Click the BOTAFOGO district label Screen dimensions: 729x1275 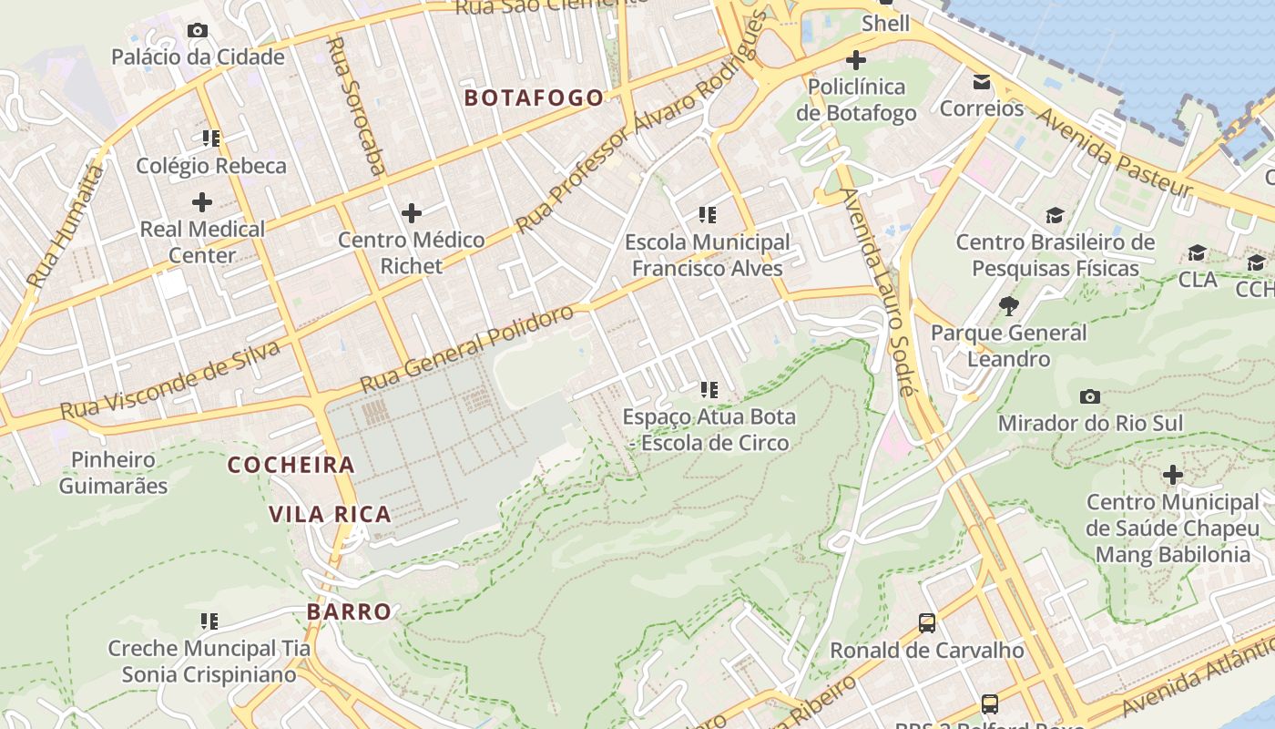(x=534, y=98)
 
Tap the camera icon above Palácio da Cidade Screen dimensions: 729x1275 (x=197, y=30)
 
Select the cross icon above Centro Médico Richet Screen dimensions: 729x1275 (x=412, y=213)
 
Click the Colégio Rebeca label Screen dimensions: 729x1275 (x=211, y=166)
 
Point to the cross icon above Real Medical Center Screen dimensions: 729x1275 (x=202, y=201)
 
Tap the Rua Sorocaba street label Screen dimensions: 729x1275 (x=355, y=105)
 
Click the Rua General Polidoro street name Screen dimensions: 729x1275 (x=466, y=350)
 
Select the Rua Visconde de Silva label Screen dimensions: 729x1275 (x=169, y=381)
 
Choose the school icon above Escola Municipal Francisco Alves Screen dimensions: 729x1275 (x=708, y=215)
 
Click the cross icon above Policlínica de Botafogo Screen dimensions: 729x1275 (x=855, y=60)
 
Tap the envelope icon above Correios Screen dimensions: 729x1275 (x=982, y=82)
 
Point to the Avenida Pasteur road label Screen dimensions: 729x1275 (x=1113, y=151)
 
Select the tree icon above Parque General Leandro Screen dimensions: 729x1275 (x=1008, y=305)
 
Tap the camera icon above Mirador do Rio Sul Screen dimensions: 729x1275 (x=1089, y=396)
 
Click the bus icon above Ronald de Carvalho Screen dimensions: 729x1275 (x=926, y=623)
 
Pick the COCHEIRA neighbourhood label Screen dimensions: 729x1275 (x=291, y=465)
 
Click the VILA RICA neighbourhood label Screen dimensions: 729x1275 (x=330, y=514)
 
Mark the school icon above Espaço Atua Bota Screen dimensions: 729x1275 (x=709, y=390)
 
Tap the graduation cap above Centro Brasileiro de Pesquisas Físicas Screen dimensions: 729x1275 (x=1055, y=215)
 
